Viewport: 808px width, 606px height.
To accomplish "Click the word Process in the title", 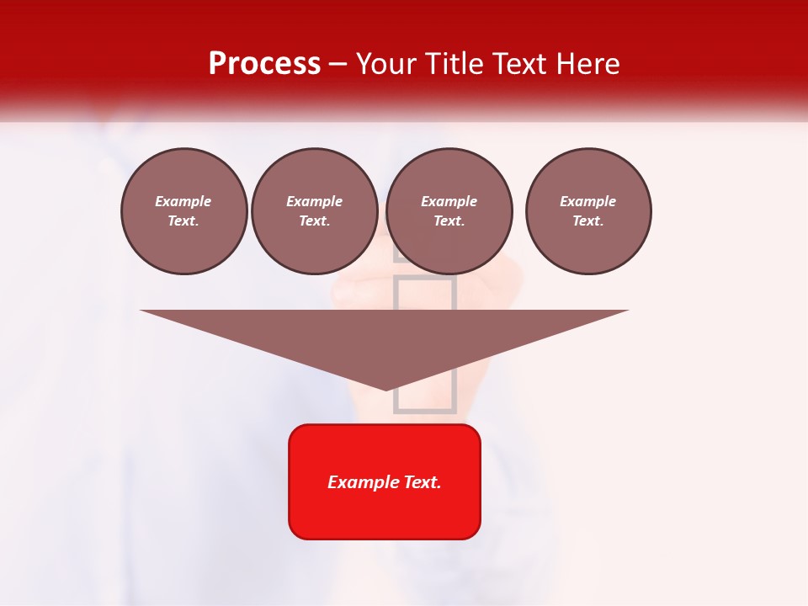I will click(264, 64).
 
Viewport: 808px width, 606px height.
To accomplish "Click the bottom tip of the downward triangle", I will click(385, 389).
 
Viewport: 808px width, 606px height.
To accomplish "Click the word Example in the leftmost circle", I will click(183, 201).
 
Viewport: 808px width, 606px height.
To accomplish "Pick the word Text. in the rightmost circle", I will click(588, 221).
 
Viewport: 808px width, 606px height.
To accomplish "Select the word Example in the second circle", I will click(315, 201).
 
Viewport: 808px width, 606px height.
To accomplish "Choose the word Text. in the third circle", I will click(449, 221).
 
